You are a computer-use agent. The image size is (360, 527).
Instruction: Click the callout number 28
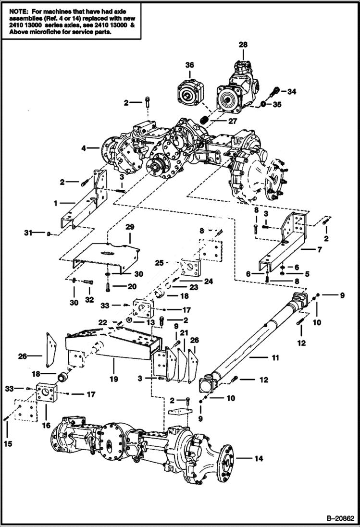pos(243,45)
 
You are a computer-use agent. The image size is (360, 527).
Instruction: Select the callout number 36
pos(189,65)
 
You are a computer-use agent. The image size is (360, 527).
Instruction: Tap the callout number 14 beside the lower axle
pos(259,459)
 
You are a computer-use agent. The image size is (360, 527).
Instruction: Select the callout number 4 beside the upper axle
pos(84,148)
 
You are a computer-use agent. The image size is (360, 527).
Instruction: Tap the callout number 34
pos(292,91)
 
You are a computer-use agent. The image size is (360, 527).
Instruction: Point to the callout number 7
pos(319,249)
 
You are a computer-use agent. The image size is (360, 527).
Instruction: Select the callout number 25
pos(160,263)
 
